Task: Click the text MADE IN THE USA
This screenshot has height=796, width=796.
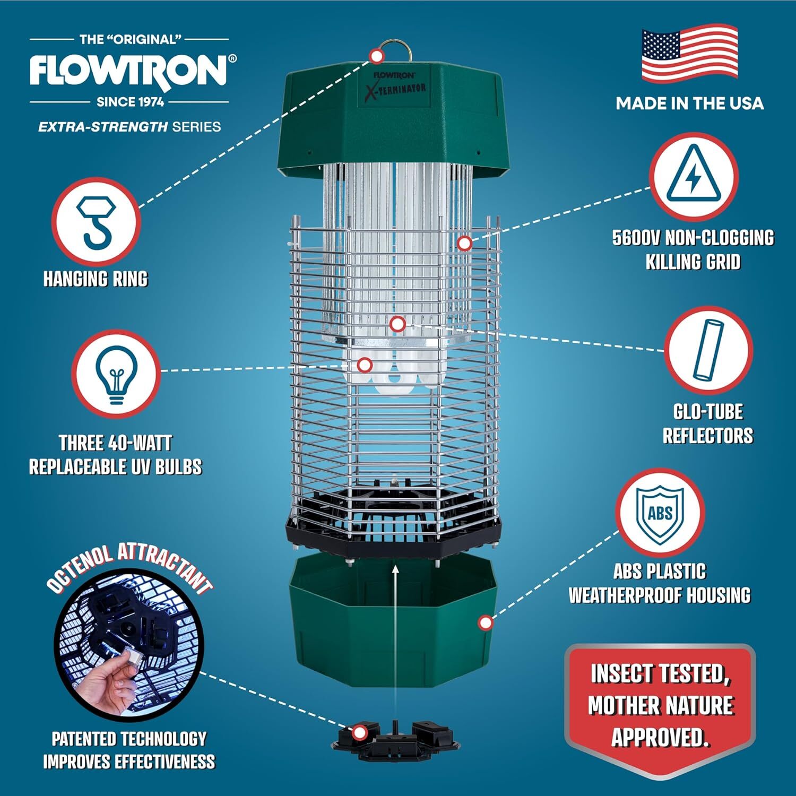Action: (x=689, y=103)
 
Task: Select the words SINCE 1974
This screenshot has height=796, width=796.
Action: (x=130, y=102)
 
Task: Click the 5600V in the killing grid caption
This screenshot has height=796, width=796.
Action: (x=636, y=238)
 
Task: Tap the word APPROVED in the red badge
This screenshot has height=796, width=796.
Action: (x=660, y=737)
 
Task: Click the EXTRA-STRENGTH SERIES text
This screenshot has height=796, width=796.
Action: (x=129, y=127)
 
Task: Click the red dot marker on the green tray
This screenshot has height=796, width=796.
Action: (x=485, y=622)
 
